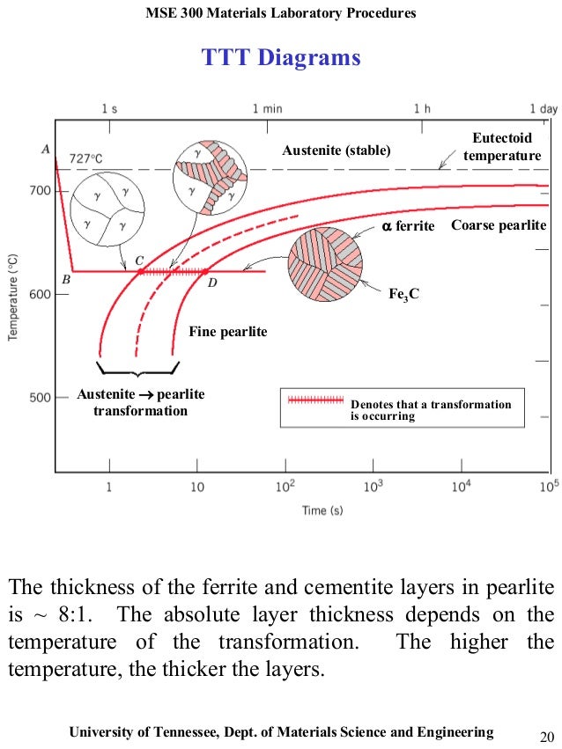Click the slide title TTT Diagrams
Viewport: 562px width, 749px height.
[281, 58]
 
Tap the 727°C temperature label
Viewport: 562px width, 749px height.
[86, 158]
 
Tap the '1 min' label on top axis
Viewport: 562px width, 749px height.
[267, 108]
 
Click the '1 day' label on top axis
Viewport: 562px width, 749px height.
[544, 108]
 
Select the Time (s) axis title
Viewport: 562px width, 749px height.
[322, 510]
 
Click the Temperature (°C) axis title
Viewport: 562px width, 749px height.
[14, 295]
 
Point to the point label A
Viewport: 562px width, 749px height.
[45, 150]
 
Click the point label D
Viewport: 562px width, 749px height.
[211, 283]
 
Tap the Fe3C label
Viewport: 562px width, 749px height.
[403, 293]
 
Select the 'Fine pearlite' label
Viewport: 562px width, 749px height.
[227, 332]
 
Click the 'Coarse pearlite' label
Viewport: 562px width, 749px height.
[499, 225]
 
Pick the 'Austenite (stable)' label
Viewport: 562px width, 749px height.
[336, 151]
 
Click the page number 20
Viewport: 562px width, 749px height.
[544, 735]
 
